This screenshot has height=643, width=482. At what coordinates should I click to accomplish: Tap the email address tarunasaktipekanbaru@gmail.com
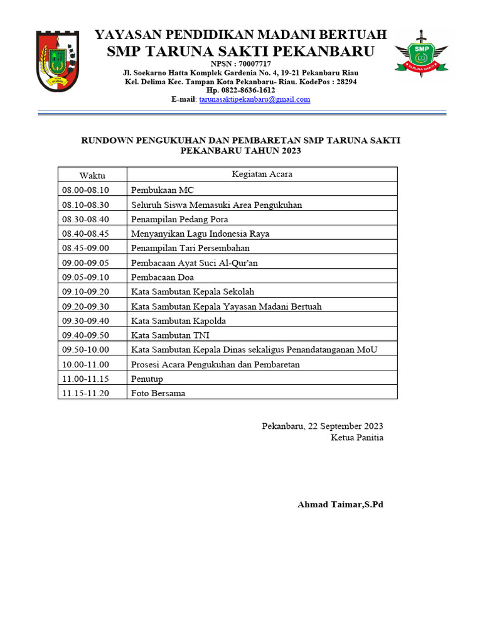click(x=255, y=99)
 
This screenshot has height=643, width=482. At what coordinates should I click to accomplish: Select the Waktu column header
click(x=92, y=175)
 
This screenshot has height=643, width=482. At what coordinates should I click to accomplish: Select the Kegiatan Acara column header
click(x=262, y=175)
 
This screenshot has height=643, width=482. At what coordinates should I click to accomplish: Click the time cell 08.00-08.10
click(x=85, y=190)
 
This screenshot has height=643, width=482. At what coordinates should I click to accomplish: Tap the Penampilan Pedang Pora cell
click(x=179, y=219)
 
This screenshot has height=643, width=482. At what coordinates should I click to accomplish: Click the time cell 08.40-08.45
click(x=85, y=234)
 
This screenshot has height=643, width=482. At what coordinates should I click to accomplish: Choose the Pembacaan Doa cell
click(x=163, y=278)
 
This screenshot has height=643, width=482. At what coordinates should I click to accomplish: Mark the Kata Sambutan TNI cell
click(x=170, y=336)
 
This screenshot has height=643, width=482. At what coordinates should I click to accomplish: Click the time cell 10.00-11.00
click(x=85, y=365)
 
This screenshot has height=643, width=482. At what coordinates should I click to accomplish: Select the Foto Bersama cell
click(x=158, y=394)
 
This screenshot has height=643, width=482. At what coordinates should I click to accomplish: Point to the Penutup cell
click(x=147, y=379)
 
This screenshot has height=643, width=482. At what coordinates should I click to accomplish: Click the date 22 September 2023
click(x=346, y=426)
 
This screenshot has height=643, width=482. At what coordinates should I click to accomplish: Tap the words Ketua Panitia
click(x=357, y=438)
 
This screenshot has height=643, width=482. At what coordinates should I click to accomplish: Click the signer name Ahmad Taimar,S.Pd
click(x=340, y=505)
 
